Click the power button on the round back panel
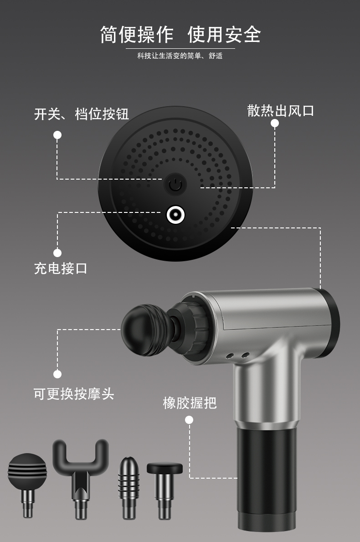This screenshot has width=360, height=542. click(175, 184)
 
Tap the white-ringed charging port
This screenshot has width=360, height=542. click(175, 215)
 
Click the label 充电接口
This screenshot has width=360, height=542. click(61, 268)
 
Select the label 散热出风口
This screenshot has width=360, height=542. click(281, 111)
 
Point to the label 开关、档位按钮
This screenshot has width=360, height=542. click(81, 114)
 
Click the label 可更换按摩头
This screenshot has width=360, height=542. click(73, 394)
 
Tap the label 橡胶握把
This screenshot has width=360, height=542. click(190, 403)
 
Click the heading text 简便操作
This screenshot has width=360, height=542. click(137, 35)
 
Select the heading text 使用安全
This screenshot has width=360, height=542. click(224, 35)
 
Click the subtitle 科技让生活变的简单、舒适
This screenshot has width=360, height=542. click(180, 56)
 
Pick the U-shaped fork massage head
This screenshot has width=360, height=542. click(81, 479)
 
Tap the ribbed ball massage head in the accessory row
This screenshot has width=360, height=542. click(27, 484)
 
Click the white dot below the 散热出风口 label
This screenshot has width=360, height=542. click(275, 123)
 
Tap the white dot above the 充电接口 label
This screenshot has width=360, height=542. click(57, 253)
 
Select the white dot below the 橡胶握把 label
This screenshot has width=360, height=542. click(189, 420)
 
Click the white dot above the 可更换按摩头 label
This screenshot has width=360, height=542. click(57, 374)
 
